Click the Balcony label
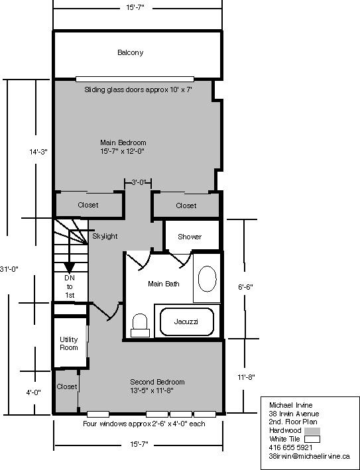130,52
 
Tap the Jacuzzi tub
186,321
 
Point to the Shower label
190,237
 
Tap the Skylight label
105,236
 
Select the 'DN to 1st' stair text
69,286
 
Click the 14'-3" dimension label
38,151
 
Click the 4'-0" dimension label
33,392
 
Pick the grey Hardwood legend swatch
312,430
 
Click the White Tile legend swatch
312,438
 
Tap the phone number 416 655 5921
290,447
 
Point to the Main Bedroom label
123,147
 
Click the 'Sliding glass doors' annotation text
138,89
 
